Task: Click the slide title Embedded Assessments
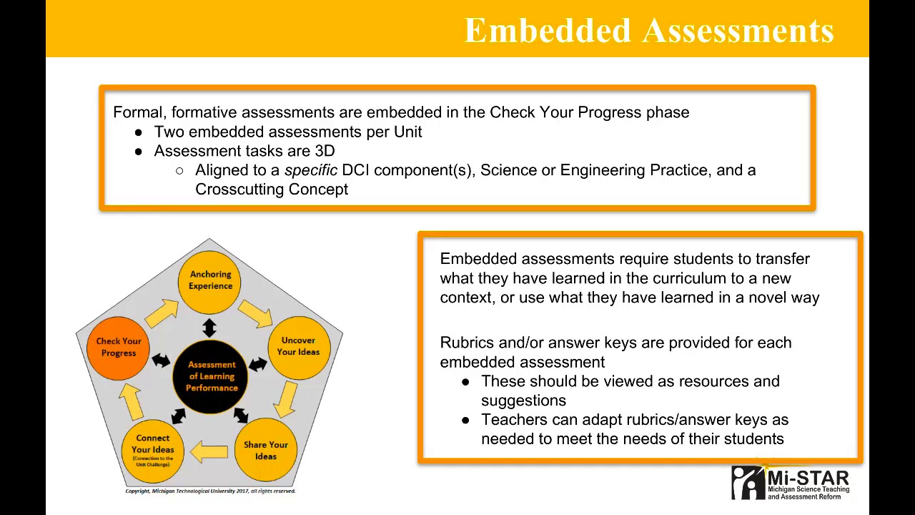pyautogui.click(x=649, y=31)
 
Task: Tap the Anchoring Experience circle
pyautogui.click(x=210, y=280)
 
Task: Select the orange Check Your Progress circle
pyautogui.click(x=119, y=347)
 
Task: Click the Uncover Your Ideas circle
pyautogui.click(x=298, y=346)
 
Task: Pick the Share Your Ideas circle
pyautogui.click(x=265, y=451)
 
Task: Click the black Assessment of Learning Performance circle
pyautogui.click(x=211, y=376)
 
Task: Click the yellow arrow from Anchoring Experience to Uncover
pyautogui.click(x=254, y=313)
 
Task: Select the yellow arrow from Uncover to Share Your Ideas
pyautogui.click(x=287, y=398)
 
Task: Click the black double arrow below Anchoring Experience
pyautogui.click(x=209, y=328)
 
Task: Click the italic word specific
pyautogui.click(x=310, y=170)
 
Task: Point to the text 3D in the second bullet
pyautogui.click(x=325, y=151)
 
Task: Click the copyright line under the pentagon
pyautogui.click(x=210, y=491)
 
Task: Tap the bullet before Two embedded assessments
pyautogui.click(x=138, y=132)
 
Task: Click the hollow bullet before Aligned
pyautogui.click(x=179, y=171)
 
